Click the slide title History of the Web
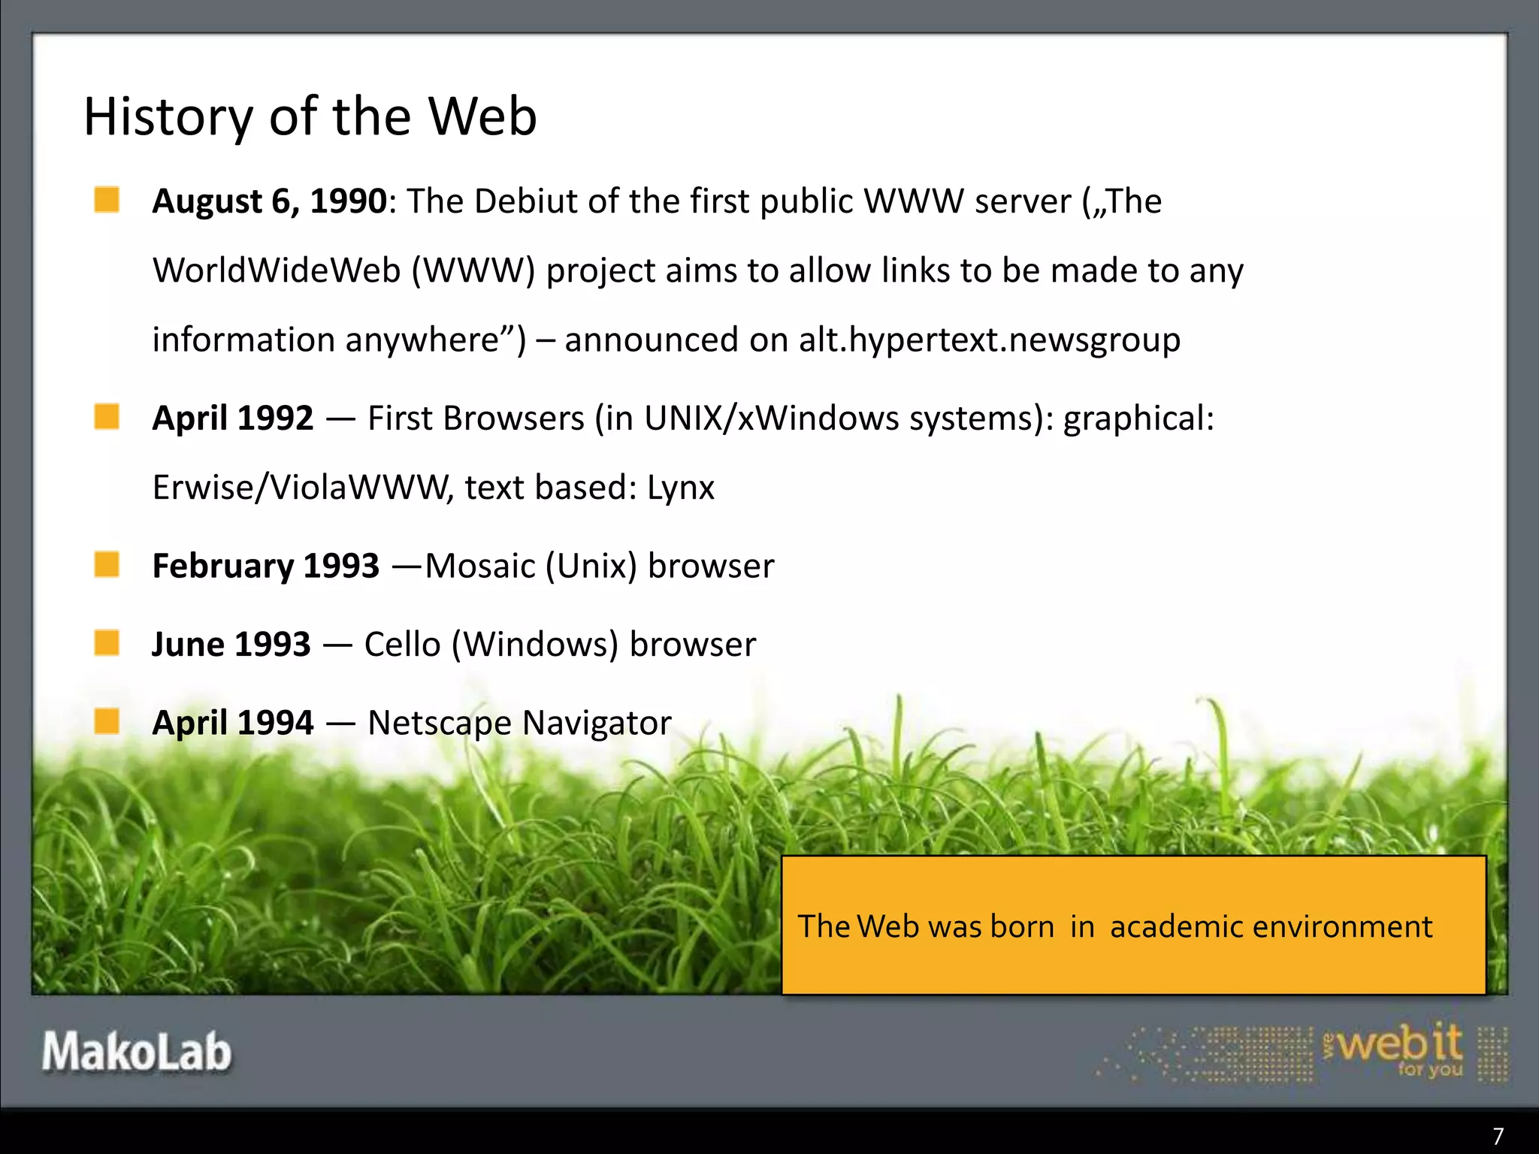tap(310, 117)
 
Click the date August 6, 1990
tap(269, 201)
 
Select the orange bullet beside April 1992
tap(107, 416)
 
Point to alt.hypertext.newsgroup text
tap(989, 340)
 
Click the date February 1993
tap(265, 566)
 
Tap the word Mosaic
tap(480, 566)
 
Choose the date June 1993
tap(231, 645)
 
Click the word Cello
tap(402, 645)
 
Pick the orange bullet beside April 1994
tap(107, 721)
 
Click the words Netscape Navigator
tap(519, 723)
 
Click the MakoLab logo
tap(136, 1051)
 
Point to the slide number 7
tap(1498, 1135)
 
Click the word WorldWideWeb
tap(277, 270)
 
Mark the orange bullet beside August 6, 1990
tap(107, 200)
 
